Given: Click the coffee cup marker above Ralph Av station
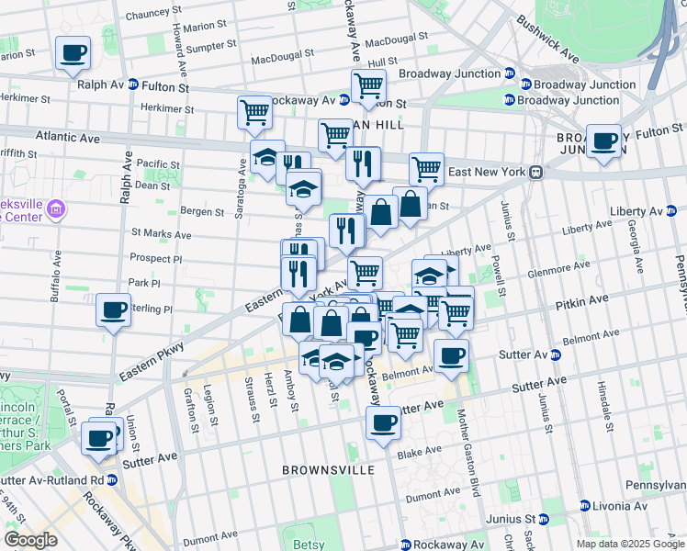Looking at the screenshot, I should [x=73, y=52].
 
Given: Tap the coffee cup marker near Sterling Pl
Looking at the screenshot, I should [x=113, y=310].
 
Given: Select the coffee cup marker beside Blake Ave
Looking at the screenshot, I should [x=383, y=423].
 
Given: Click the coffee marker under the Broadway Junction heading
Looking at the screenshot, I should [x=603, y=141].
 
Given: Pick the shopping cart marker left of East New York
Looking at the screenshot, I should [x=426, y=169].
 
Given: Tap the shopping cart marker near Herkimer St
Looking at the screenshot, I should [x=254, y=112].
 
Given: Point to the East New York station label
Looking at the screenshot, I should [x=486, y=172].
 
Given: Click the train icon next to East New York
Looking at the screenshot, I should [x=534, y=172].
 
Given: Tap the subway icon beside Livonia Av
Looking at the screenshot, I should [x=584, y=505].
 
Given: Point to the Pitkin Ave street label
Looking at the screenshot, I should [x=580, y=300].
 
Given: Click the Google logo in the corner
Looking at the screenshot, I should [x=30, y=539].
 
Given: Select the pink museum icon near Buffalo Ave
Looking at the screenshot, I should [x=57, y=209].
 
